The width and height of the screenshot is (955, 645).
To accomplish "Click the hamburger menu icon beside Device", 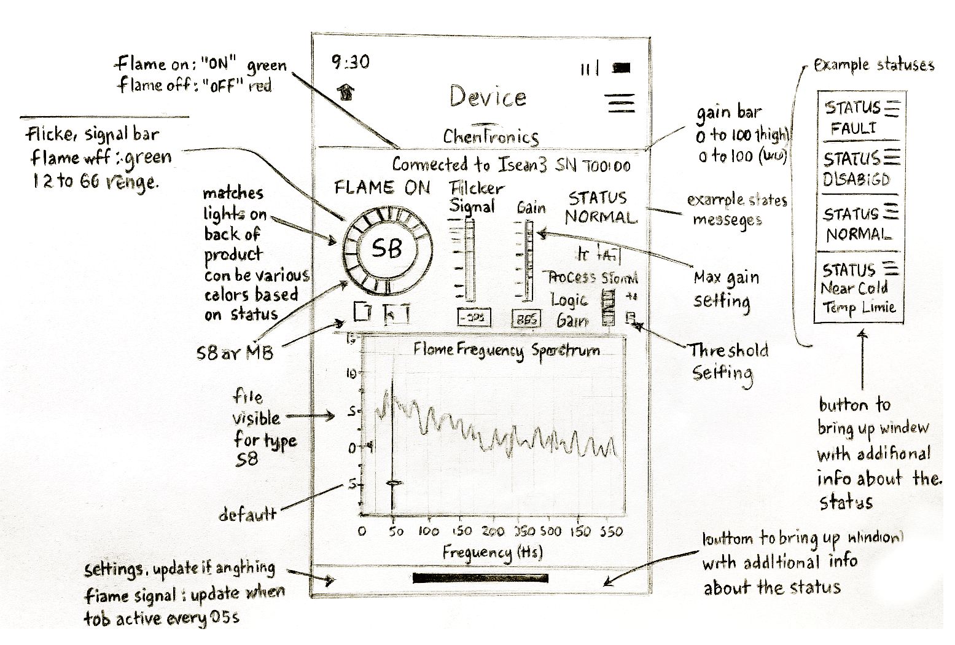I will coord(621,103).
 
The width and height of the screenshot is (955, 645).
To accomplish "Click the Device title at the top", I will coord(488,97).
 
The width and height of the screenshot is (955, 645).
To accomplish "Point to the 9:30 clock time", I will coord(351,61).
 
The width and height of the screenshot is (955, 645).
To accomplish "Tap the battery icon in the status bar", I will coord(621,68).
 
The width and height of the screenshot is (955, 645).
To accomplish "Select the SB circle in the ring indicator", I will coord(387,248).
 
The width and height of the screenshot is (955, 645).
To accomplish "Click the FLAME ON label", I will coord(382,187).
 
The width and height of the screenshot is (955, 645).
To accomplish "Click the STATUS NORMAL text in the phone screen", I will coord(600,208).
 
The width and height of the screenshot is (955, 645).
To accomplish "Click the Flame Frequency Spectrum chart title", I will coord(507,350).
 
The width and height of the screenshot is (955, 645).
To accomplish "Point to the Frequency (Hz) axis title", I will coord(493,552).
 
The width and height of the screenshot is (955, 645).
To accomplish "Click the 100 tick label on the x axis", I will coord(428,531).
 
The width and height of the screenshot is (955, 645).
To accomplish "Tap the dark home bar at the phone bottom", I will coord(480,577).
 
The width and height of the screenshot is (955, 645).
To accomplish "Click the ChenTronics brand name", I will coord(491,136).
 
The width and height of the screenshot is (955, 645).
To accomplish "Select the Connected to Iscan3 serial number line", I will coord(511,165).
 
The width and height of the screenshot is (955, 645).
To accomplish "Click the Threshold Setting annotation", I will coord(727,361).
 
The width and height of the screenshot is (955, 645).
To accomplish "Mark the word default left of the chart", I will coord(248,514).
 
